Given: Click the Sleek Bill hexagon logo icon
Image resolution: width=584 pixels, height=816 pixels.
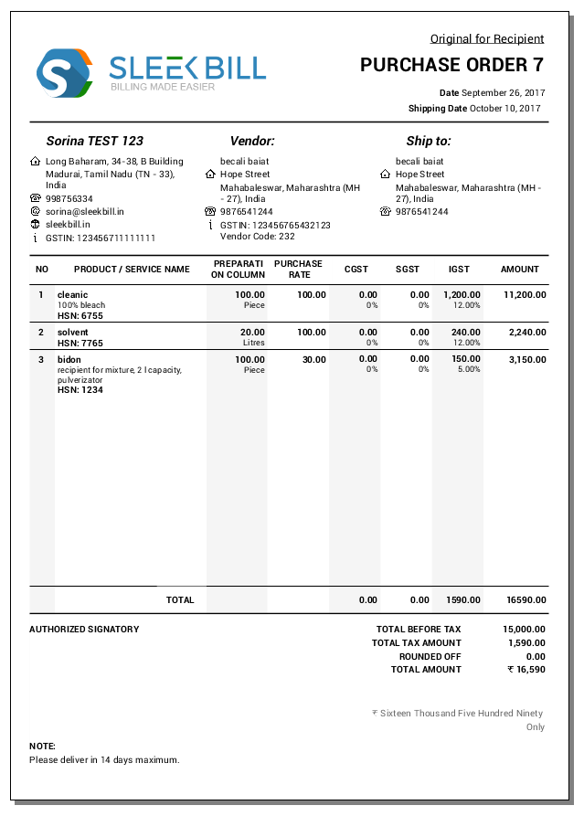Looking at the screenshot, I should point(64,73).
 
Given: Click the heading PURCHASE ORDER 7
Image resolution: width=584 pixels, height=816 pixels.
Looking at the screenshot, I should point(451,65).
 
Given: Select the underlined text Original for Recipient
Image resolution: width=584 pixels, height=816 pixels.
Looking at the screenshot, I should point(487,38).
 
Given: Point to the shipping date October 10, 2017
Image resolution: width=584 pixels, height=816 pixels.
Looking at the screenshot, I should point(505,109).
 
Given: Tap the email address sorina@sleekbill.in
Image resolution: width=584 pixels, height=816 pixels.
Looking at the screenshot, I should point(85,211).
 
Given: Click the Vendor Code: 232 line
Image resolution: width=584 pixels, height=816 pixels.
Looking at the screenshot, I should point(258,237).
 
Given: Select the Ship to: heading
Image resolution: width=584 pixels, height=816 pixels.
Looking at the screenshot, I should point(429,142).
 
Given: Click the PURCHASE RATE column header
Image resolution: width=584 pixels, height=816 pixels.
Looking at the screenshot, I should point(299,270).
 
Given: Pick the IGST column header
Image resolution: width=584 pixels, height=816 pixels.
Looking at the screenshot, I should point(459,270).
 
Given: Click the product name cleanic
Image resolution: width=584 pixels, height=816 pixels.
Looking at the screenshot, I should point(72,295).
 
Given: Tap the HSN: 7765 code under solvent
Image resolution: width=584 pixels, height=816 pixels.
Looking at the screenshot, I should point(80,343).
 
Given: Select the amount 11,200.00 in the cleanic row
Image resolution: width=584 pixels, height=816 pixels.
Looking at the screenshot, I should point(525,295).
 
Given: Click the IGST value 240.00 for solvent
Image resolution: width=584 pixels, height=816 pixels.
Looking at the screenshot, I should point(466,333).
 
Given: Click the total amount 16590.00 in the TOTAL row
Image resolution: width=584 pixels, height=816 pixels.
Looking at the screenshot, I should point(526,600).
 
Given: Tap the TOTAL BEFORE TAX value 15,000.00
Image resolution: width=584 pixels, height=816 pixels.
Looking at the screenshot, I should point(524,630).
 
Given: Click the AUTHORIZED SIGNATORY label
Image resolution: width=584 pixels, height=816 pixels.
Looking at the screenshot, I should point(84,630).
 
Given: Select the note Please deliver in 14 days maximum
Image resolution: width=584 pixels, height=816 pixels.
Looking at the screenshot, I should point(104,759).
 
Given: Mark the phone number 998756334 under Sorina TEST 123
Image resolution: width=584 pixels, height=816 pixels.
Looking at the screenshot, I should point(69,198).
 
